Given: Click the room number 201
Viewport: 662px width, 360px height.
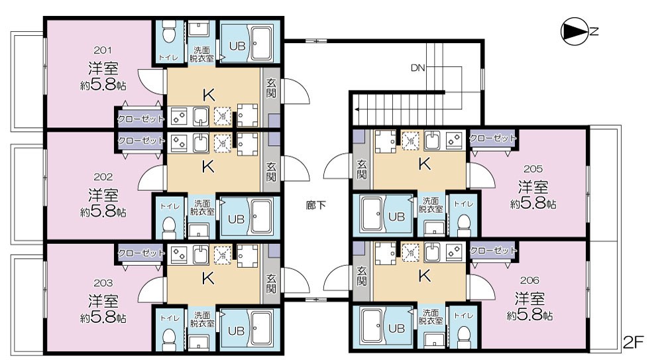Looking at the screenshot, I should tap(103, 49).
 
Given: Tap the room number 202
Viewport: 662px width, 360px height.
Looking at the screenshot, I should tap(103, 177).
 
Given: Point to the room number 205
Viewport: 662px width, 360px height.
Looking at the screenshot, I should tap(533, 168).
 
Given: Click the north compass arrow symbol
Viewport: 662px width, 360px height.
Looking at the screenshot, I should tap(574, 30).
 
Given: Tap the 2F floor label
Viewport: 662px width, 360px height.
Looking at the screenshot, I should tap(634, 343).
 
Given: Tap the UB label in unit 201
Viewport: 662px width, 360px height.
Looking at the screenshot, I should tap(237, 46).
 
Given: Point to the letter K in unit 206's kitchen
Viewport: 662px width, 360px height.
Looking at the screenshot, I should tap(424, 276).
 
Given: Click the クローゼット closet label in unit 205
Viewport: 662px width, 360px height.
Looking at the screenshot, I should tap(492, 138).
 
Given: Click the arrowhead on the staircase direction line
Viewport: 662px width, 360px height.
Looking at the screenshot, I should tap(356, 105).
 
